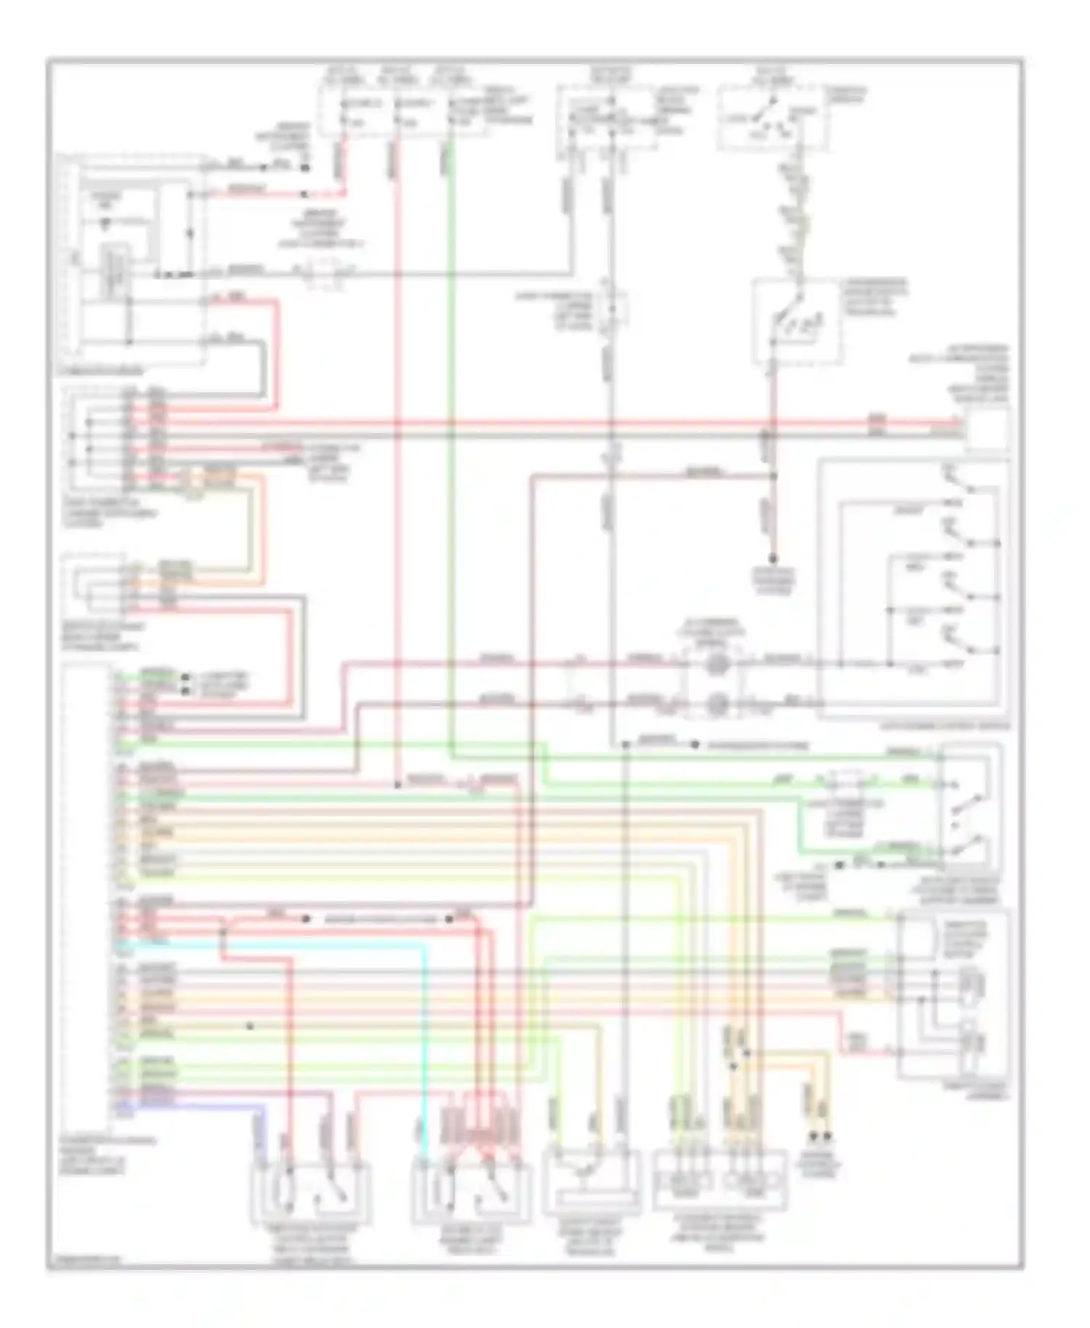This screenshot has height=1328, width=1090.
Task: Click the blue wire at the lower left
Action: click(x=218, y=1105)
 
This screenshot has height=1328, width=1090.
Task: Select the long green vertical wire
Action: click(x=451, y=436)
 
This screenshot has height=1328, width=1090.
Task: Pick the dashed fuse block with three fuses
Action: click(x=403, y=109)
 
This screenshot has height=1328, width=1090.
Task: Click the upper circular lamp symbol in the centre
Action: click(x=716, y=663)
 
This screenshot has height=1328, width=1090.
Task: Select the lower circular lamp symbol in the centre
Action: click(x=716, y=703)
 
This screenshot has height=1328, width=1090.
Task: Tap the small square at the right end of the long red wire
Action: click(x=985, y=429)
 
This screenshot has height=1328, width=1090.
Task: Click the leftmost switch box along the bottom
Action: click(x=311, y=1192)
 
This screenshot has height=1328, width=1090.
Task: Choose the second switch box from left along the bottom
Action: click(x=471, y=1192)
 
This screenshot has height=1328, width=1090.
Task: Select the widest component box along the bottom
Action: click(x=719, y=1181)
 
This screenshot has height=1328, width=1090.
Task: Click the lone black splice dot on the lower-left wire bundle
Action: click(x=250, y=1026)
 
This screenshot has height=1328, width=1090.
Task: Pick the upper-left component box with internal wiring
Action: click(x=131, y=262)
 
